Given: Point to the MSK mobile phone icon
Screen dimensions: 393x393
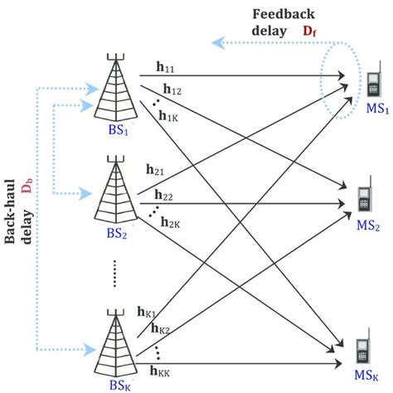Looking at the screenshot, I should (362, 351).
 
